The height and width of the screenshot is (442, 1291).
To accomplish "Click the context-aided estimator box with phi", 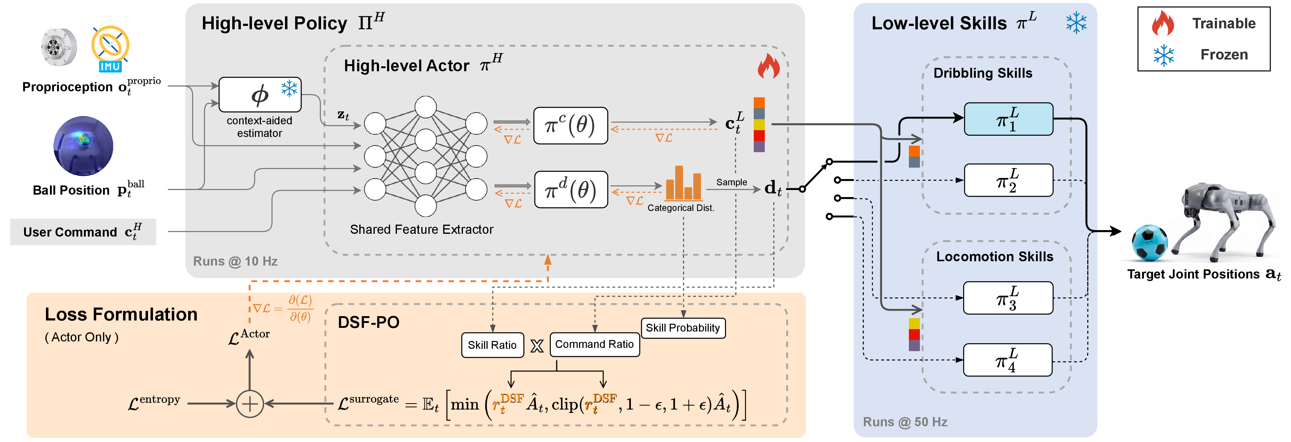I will [260, 95].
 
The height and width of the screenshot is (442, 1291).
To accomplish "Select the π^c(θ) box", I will [570, 125].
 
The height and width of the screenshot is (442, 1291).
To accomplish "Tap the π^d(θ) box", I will [570, 189].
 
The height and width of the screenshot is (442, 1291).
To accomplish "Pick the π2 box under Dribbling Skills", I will [1008, 180].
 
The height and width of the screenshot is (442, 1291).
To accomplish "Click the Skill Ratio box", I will [492, 345].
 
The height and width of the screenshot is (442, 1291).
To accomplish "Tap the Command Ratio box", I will [594, 344].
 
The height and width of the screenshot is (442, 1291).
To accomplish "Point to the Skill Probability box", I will [683, 328].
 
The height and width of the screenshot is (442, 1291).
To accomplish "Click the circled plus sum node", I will [250, 403].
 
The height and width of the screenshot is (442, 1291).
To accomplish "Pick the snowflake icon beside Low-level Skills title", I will [1076, 23].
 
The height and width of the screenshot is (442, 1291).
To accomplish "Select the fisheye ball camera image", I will [83, 146].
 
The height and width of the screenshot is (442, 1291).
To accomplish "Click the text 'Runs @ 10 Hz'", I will [235, 261].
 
